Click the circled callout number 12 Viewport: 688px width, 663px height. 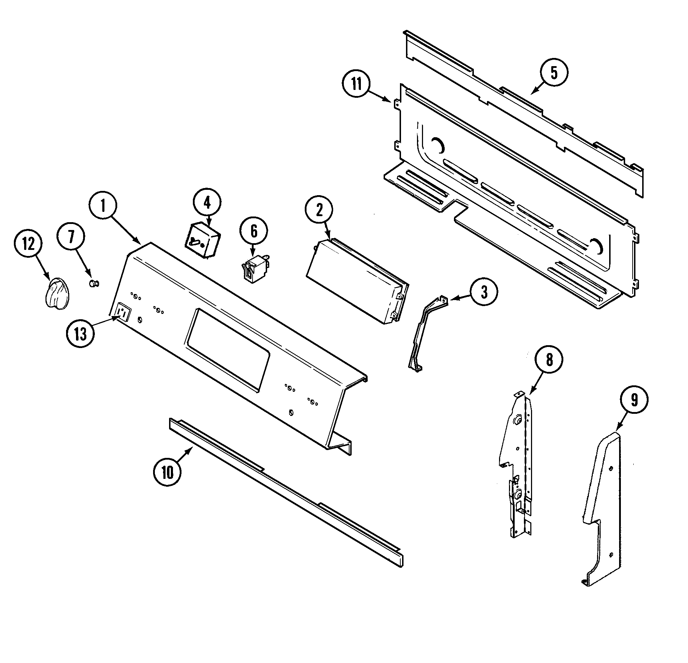point(28,245)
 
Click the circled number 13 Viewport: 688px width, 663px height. point(80,334)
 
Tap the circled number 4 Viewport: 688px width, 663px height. point(207,203)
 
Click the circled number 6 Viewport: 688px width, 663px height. point(254,231)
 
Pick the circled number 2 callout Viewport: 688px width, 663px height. point(319,210)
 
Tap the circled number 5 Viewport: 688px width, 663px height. point(554,73)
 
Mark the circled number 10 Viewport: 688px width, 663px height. point(167,472)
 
